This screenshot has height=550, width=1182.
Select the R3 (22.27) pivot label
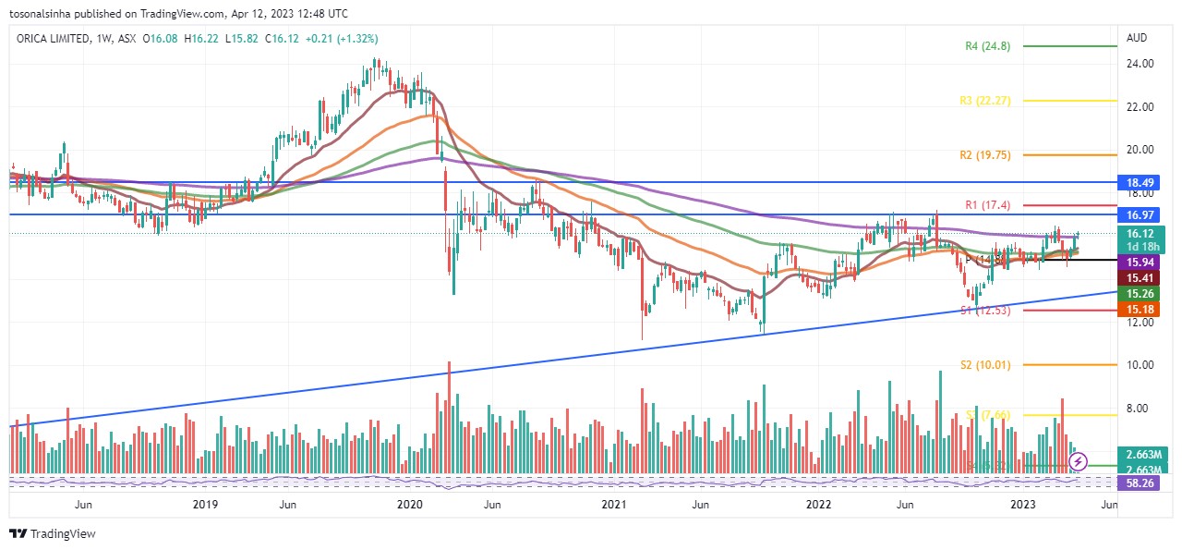coord(984,101)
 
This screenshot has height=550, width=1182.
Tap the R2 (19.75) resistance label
coord(984,155)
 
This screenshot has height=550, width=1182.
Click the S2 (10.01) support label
coord(984,365)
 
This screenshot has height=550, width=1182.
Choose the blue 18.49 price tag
coord(1144,183)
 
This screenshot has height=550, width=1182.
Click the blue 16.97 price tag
coord(1144,214)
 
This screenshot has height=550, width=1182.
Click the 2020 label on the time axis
coord(409,505)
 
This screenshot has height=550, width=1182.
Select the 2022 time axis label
coord(818,505)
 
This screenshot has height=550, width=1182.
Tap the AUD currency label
coord(1136,39)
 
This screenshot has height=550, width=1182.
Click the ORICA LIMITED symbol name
coord(54,39)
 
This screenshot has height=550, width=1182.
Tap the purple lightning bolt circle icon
coord(1078,460)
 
